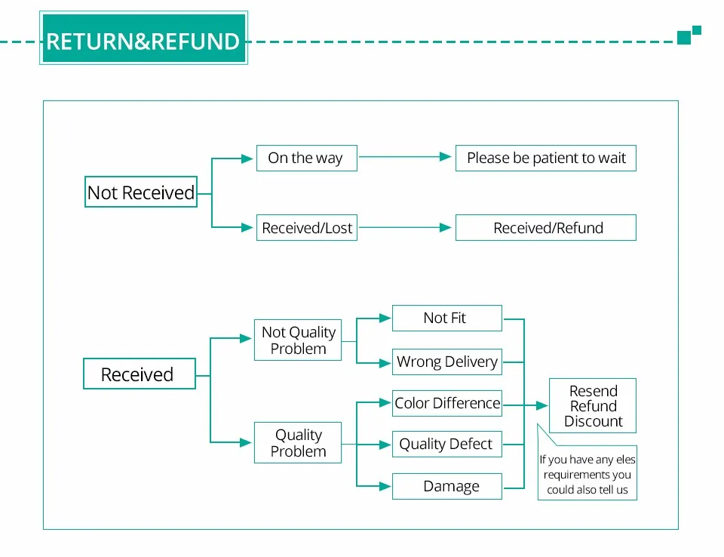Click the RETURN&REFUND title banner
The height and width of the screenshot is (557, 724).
pyautogui.click(x=143, y=38)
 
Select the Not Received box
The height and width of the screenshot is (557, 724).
pyautogui.click(x=141, y=192)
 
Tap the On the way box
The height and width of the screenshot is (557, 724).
pyautogui.click(x=307, y=158)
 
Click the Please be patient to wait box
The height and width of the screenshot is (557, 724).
pyautogui.click(x=546, y=158)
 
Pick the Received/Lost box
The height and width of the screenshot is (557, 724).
pyautogui.click(x=307, y=227)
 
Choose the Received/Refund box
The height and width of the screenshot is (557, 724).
pyautogui.click(x=546, y=227)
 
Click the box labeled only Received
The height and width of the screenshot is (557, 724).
pyautogui.click(x=140, y=374)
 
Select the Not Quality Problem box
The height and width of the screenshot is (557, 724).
pyautogui.click(x=298, y=340)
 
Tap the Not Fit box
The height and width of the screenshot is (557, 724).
pyautogui.click(x=447, y=318)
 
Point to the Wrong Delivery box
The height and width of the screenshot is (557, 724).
pyautogui.click(x=447, y=362)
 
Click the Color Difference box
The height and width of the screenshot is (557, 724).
pyautogui.click(x=447, y=403)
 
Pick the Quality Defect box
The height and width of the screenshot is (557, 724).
pyautogui.click(x=447, y=445)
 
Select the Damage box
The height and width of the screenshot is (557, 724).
pyautogui.click(x=447, y=486)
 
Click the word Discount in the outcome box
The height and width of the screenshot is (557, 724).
pyautogui.click(x=594, y=421)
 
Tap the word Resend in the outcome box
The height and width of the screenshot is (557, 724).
pyautogui.click(x=594, y=391)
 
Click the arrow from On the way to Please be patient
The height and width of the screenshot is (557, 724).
pyautogui.click(x=405, y=157)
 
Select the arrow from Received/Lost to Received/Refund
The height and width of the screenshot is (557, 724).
pyautogui.click(x=405, y=227)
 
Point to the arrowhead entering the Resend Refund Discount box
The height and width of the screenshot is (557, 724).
pyautogui.click(x=541, y=406)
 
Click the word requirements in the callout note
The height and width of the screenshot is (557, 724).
pyautogui.click(x=587, y=475)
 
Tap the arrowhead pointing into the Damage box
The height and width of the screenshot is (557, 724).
pyautogui.click(x=385, y=486)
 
